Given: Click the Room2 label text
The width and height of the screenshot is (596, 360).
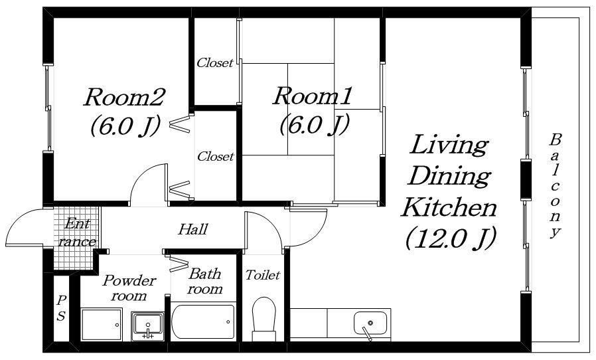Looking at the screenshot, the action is click(x=123, y=97).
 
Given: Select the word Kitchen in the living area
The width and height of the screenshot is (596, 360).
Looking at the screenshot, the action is click(x=449, y=207).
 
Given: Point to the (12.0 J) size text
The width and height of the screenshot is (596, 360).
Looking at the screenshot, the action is click(x=451, y=238).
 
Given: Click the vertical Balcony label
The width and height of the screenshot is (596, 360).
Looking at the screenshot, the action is click(x=556, y=186).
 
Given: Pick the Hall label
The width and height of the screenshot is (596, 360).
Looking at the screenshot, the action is click(x=193, y=229).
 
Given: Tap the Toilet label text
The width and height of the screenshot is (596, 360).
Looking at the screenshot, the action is click(x=263, y=275).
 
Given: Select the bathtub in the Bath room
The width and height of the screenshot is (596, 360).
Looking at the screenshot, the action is click(x=203, y=321).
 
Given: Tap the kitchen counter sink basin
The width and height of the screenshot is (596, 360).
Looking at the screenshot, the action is click(x=370, y=323).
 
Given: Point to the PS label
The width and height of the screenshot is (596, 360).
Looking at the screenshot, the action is click(x=61, y=308).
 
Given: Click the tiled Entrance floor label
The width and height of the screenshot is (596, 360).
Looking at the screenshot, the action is click(x=77, y=232).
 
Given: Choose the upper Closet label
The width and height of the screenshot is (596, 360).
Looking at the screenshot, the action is click(x=214, y=63).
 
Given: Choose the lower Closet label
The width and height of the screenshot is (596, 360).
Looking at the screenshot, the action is click(x=215, y=156).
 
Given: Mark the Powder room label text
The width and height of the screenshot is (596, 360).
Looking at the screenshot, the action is click(x=129, y=288).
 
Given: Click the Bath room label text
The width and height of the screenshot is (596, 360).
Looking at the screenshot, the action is click(x=204, y=281).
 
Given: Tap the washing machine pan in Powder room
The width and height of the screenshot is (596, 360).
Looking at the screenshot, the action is click(x=102, y=325).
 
